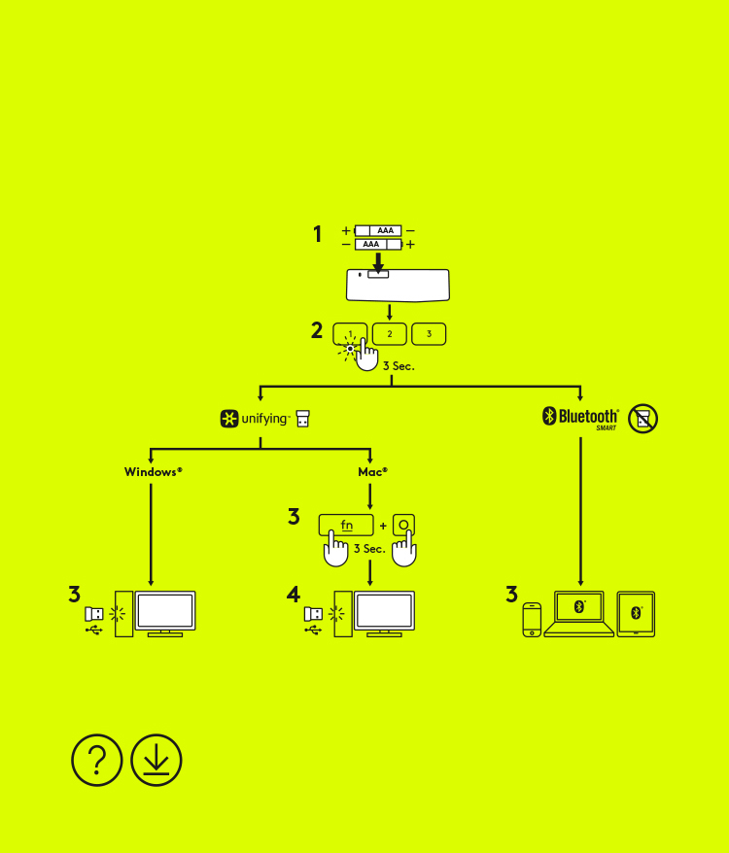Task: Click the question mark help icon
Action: [97, 760]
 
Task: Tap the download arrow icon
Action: [156, 760]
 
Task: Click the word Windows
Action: [153, 472]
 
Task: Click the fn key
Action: [346, 525]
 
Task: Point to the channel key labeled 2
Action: [390, 334]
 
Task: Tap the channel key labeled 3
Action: [429, 334]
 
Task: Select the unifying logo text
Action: [264, 420]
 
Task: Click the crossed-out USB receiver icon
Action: [642, 419]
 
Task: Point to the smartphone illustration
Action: [532, 620]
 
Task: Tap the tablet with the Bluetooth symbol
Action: [636, 613]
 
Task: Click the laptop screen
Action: [578, 607]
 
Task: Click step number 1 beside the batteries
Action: [317, 234]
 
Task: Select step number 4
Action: [294, 595]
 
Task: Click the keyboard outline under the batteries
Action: [398, 286]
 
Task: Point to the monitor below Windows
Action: [165, 611]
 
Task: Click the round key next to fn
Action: [404, 525]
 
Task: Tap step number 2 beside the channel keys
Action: [317, 330]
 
